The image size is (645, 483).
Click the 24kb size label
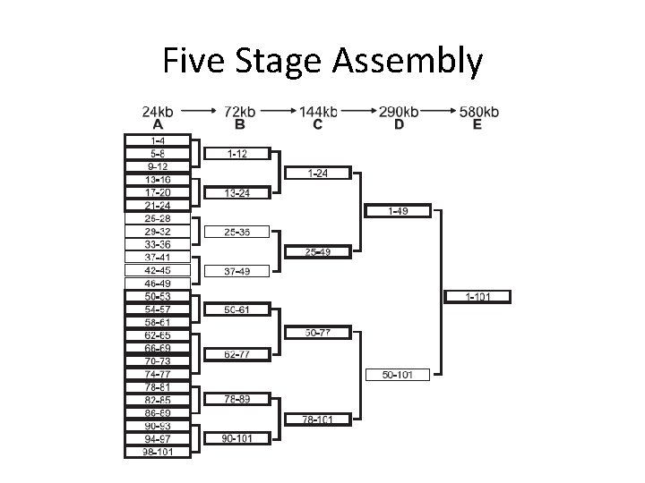coord(158,112)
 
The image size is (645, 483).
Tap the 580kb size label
coord(479,112)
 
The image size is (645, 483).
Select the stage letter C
coord(318,124)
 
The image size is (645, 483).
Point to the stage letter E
coord(477,124)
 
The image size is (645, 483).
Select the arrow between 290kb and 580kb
coord(437,112)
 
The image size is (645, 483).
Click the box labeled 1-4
coord(158,140)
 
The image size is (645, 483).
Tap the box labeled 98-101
coord(158,452)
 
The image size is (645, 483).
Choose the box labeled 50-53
coord(158,296)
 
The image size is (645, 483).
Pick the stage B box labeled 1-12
coord(236,154)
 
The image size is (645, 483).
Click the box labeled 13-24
coord(236,192)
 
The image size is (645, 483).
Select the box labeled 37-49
coord(236,271)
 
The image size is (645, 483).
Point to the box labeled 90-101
coord(236,438)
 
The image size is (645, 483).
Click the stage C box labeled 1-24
coord(317,173)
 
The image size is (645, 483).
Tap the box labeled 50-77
coord(317,333)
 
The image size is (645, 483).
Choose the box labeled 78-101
coord(317,419)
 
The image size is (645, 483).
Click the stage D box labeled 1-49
coord(398,212)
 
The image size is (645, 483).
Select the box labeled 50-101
coord(398,374)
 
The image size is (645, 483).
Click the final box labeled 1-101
coord(477,296)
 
